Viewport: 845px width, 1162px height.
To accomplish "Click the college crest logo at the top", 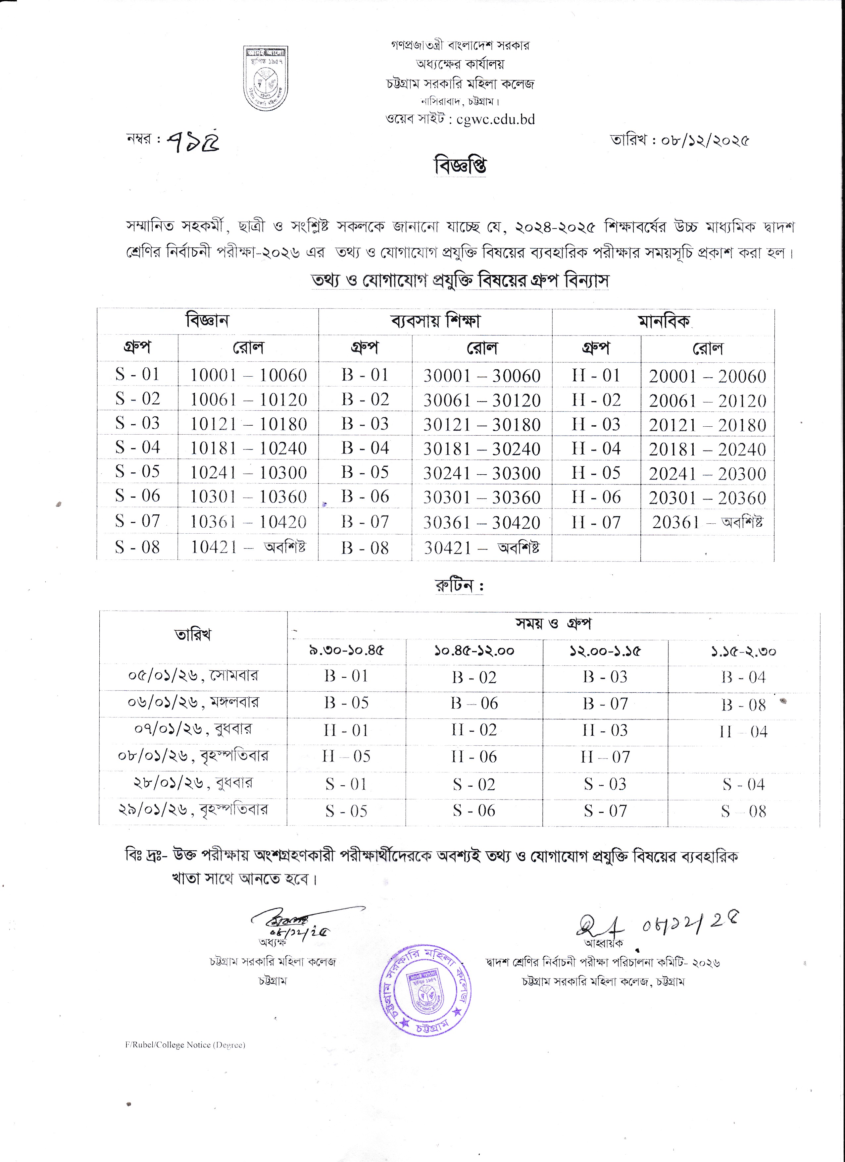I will pyautogui.click(x=265, y=78).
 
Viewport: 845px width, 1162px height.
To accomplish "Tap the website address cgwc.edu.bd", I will pyautogui.click(x=495, y=119).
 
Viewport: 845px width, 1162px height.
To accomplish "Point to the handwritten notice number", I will pyautogui.click(x=193, y=139).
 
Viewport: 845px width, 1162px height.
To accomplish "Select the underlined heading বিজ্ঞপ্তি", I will pyautogui.click(x=460, y=166).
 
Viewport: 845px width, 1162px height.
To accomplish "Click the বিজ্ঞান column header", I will pyautogui.click(x=207, y=321).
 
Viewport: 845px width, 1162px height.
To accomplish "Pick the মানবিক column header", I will pyautogui.click(x=663, y=322).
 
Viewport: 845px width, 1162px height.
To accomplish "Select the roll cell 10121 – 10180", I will pyautogui.click(x=248, y=424).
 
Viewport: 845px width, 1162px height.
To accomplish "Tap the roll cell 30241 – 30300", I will pyautogui.click(x=482, y=473).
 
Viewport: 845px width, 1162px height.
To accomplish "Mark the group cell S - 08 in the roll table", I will pyautogui.click(x=137, y=547).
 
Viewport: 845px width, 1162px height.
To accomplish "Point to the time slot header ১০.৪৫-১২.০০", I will pyautogui.click(x=474, y=651).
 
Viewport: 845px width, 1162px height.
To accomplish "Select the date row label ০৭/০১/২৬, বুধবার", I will pyautogui.click(x=193, y=729).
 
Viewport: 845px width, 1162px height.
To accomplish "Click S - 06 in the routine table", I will pyautogui.click(x=474, y=811).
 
